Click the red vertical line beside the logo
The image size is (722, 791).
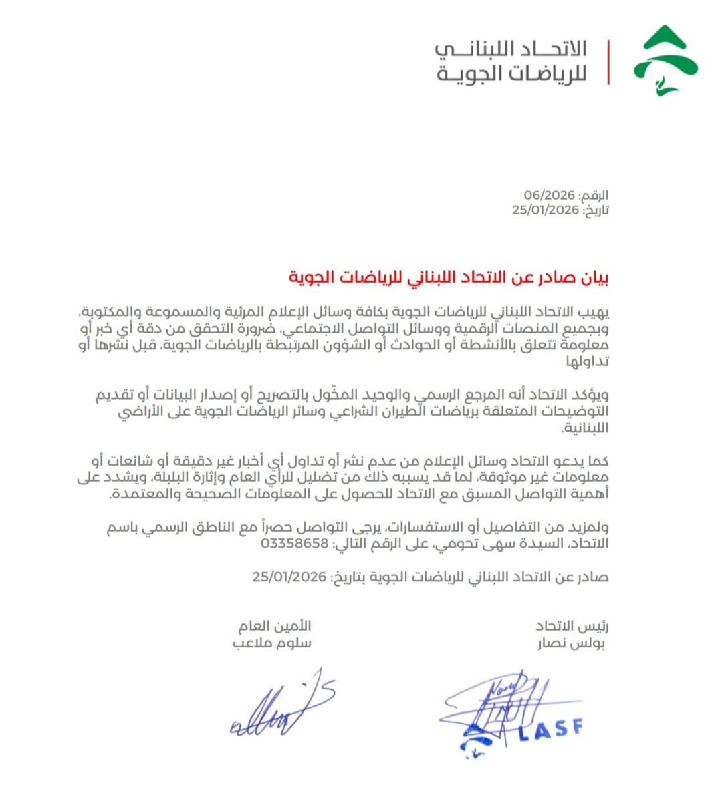point(608,62)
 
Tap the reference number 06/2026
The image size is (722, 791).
point(550,195)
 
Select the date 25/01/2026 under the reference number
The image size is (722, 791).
point(546,210)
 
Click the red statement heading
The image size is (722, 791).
point(449,277)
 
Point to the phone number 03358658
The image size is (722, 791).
point(295,544)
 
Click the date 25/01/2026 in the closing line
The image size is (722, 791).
point(289,577)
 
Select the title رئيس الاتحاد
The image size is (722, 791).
point(572,627)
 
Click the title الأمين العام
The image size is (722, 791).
point(275,627)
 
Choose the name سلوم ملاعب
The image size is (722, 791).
point(272,644)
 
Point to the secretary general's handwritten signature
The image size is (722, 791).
point(281,705)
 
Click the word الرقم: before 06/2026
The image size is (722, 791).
point(594,195)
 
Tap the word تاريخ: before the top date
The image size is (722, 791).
point(595,210)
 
